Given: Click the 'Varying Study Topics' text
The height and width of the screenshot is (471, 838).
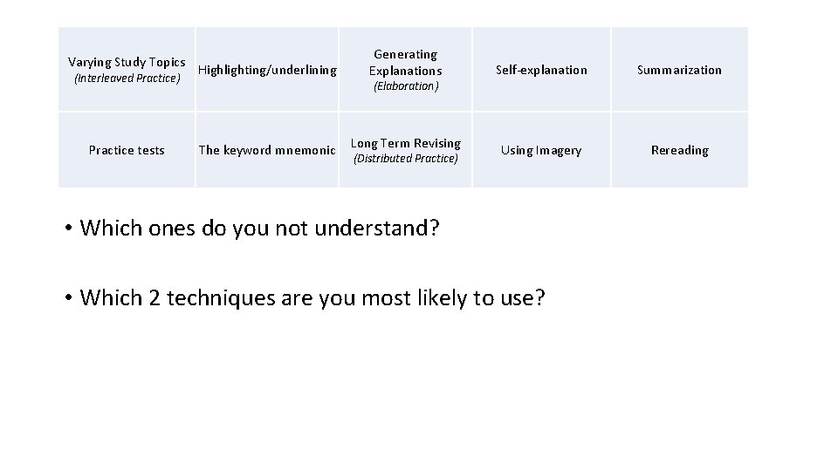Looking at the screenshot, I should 127,62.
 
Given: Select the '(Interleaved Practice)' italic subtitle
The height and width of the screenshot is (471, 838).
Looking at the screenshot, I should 127,78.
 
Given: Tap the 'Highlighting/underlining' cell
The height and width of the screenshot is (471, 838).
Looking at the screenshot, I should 267,70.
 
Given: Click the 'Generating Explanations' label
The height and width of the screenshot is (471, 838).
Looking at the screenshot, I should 405,62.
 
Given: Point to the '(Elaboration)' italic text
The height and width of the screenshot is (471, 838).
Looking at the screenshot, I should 405,86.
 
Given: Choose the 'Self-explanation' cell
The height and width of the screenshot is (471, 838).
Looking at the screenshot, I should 541,70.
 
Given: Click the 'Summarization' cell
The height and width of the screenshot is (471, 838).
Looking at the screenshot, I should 679,70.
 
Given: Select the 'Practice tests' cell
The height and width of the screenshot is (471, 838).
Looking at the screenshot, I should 127,150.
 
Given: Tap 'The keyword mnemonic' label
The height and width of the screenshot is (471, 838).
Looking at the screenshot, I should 267,150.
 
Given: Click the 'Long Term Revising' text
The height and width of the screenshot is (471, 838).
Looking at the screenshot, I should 405,143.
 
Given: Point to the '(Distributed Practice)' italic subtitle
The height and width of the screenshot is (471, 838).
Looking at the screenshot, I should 405,159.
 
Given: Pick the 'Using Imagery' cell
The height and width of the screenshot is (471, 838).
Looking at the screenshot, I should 541,150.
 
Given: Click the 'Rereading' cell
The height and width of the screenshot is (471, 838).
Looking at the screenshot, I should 679,150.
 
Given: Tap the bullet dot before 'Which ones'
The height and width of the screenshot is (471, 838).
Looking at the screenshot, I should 67,229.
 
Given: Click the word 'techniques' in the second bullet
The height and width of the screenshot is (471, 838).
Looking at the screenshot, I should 215,298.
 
